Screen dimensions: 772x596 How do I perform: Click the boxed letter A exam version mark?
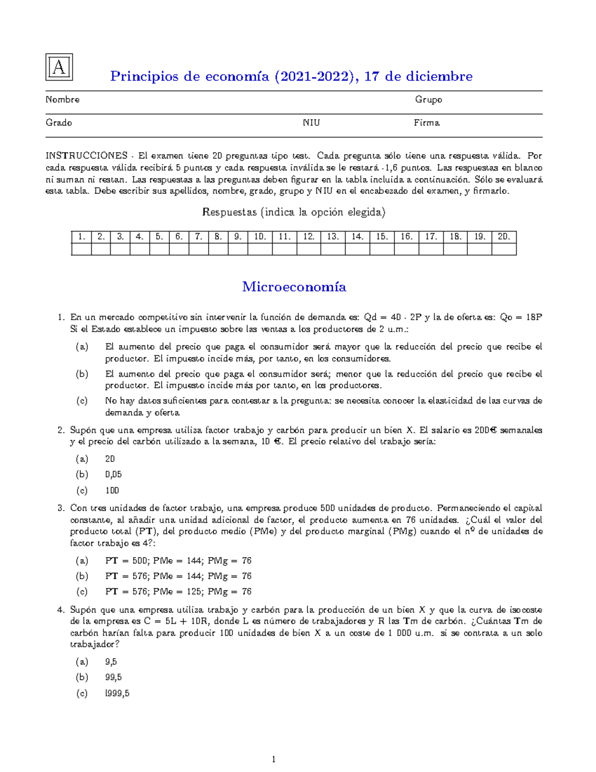[x=59, y=67]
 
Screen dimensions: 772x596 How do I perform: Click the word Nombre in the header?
[x=63, y=99]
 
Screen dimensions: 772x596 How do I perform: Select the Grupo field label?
[x=429, y=99]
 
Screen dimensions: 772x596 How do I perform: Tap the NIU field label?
[x=311, y=123]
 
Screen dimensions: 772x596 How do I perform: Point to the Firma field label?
[x=427, y=123]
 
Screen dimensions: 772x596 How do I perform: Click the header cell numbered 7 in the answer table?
[x=199, y=237]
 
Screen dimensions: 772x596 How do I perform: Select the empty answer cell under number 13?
[x=333, y=249]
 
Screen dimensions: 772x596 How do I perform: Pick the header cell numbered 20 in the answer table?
[x=504, y=237]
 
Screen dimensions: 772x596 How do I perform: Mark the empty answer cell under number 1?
[x=81, y=249]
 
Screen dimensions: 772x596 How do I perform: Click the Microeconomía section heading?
[x=294, y=287]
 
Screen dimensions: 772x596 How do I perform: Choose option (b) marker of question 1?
[x=82, y=374]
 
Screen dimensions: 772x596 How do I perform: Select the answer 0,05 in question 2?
[x=113, y=474]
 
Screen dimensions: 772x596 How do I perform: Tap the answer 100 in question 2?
[x=112, y=490]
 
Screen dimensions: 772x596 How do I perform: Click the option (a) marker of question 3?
[x=82, y=561]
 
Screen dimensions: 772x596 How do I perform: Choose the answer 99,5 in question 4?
[x=113, y=677]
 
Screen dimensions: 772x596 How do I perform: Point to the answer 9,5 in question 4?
[x=111, y=662]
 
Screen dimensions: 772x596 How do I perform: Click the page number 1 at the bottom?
[x=273, y=759]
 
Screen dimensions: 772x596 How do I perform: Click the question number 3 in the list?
[x=61, y=508]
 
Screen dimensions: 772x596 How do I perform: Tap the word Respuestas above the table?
[x=229, y=212]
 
